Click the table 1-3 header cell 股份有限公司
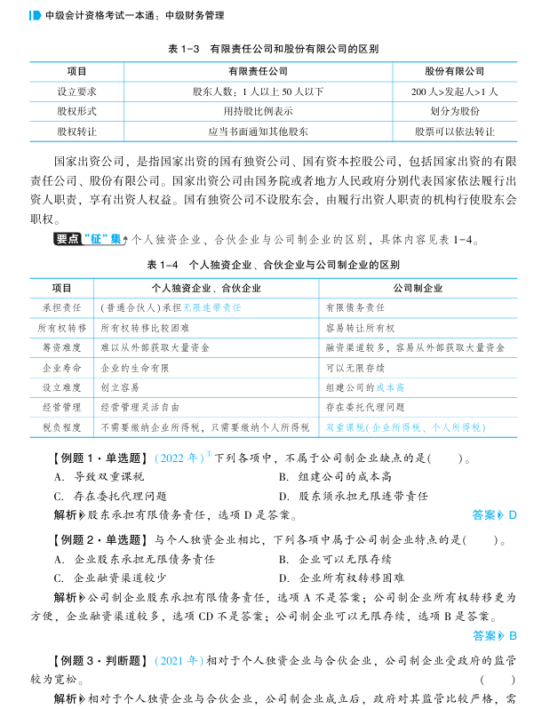coord(455,71)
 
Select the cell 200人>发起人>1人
coord(455,92)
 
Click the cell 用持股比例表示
coord(258,111)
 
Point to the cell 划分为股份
coord(455,111)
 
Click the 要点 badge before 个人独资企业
coord(68,239)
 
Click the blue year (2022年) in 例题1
coord(179,459)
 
